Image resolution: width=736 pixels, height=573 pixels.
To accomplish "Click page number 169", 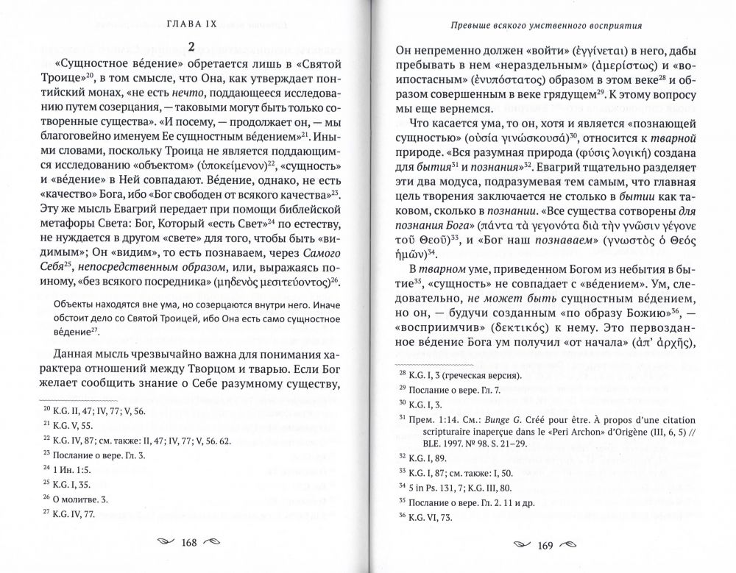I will click(x=544, y=545).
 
